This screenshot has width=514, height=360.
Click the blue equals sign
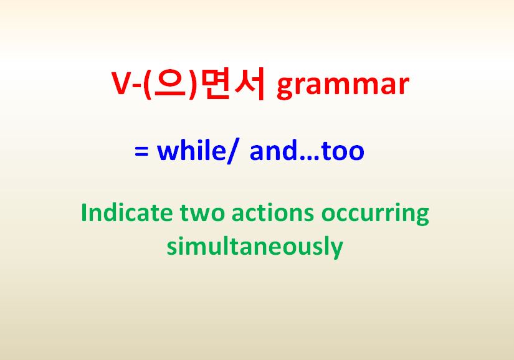point(141,151)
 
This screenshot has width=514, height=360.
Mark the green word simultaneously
point(255,247)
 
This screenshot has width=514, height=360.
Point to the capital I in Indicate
point(85,213)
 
